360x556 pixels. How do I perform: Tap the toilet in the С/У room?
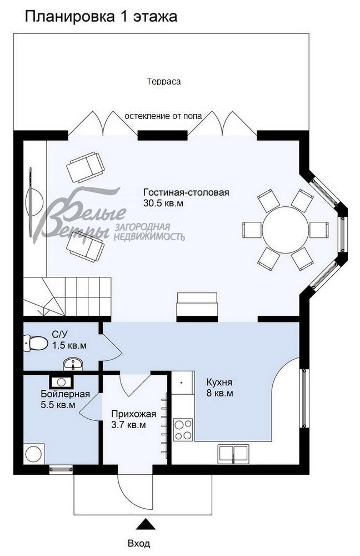pos(36,343)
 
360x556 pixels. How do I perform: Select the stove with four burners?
pos(183,429)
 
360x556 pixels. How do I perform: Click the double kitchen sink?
pos(233,453)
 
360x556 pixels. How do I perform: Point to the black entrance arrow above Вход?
pos(146,524)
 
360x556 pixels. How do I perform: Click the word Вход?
pos(139,543)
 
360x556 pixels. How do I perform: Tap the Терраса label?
pos(163,81)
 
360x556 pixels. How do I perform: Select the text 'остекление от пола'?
pos(163,116)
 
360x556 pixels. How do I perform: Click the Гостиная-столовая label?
pos(186,192)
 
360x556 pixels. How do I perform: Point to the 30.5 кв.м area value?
pos(163,203)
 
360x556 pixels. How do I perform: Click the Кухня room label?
pos(219,383)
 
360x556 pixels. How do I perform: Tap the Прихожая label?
pos(129,414)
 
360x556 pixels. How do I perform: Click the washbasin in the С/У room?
pos(73,365)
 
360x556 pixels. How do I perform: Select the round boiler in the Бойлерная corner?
pos(34,454)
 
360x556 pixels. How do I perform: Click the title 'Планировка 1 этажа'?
pos(101,17)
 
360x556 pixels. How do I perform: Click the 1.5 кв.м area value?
pos(69,345)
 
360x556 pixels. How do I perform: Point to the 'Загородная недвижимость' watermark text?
pos(149,232)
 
